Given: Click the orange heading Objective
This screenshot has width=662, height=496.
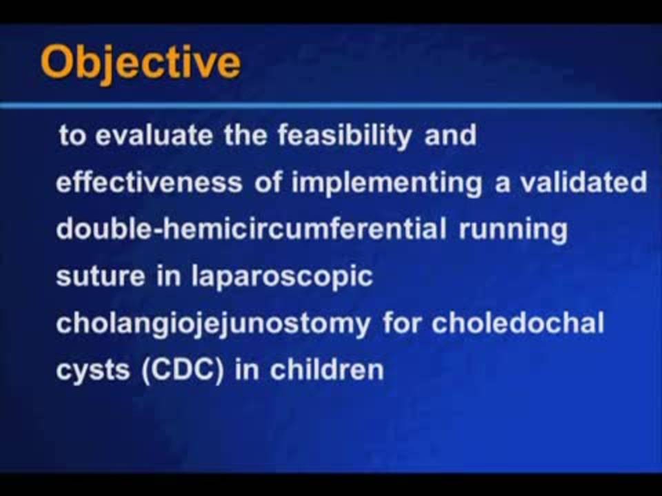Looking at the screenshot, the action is (141, 63).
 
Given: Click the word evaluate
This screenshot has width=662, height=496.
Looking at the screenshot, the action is (154, 136).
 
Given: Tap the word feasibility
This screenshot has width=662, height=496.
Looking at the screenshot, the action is (345, 136).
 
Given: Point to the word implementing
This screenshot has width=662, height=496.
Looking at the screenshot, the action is (387, 184).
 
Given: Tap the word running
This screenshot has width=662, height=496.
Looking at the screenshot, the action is (513, 231).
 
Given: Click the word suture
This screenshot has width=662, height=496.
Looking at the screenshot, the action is (101, 277).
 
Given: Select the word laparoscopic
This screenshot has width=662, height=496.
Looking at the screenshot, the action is (283, 278).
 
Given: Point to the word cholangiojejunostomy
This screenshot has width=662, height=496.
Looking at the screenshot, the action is (213, 324).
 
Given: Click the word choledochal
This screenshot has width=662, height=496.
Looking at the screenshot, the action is (518, 323).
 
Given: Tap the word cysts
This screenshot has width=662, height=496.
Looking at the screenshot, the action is (93, 371).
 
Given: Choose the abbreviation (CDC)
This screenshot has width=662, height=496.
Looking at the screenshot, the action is (182, 371).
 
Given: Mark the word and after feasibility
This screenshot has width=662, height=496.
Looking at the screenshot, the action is (450, 136).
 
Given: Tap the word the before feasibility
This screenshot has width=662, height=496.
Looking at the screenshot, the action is (245, 136).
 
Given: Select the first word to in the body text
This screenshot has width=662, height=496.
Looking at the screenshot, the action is (71, 136).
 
